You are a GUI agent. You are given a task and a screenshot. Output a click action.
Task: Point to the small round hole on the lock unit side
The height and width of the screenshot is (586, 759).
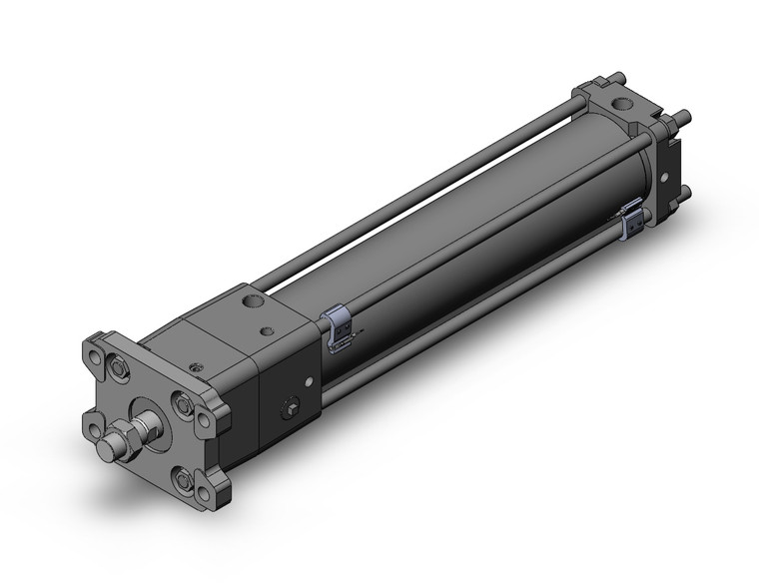(x=309, y=381)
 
